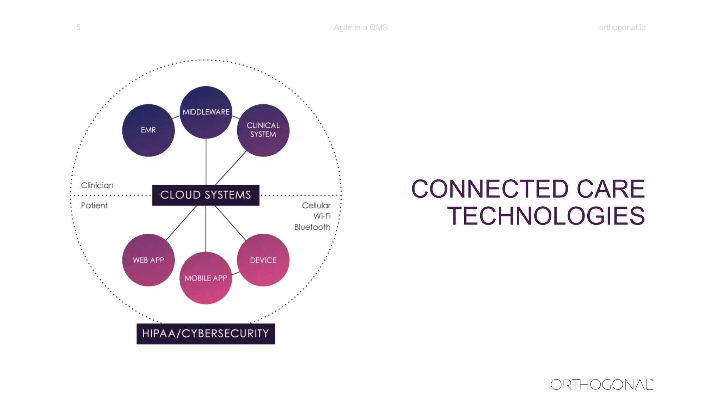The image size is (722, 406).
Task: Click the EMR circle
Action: (x=148, y=130)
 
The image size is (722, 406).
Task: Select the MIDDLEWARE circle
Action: (x=206, y=112)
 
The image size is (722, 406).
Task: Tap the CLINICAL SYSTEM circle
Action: (x=263, y=130)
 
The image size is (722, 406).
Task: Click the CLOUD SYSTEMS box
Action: (x=206, y=195)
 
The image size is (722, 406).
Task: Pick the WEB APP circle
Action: (x=148, y=260)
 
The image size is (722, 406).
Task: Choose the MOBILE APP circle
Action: (x=206, y=278)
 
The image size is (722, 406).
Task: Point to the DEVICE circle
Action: (x=263, y=260)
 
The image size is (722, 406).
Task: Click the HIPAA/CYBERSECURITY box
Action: (x=206, y=333)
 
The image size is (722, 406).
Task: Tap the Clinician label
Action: (x=97, y=185)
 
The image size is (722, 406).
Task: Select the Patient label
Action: (x=94, y=205)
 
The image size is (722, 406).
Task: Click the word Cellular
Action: (x=316, y=205)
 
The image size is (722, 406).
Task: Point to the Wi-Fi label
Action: (x=322, y=216)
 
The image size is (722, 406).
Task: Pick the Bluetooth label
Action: (x=312, y=227)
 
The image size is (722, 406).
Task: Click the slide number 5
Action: (x=78, y=27)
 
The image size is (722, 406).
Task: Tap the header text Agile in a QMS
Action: (x=361, y=27)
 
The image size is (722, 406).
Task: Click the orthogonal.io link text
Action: (x=622, y=27)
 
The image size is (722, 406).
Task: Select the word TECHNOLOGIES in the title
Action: (x=546, y=216)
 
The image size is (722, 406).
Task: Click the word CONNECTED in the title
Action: (x=490, y=189)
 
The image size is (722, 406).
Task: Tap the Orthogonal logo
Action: (x=602, y=385)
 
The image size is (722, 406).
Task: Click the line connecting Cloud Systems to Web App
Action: (x=181, y=223)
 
